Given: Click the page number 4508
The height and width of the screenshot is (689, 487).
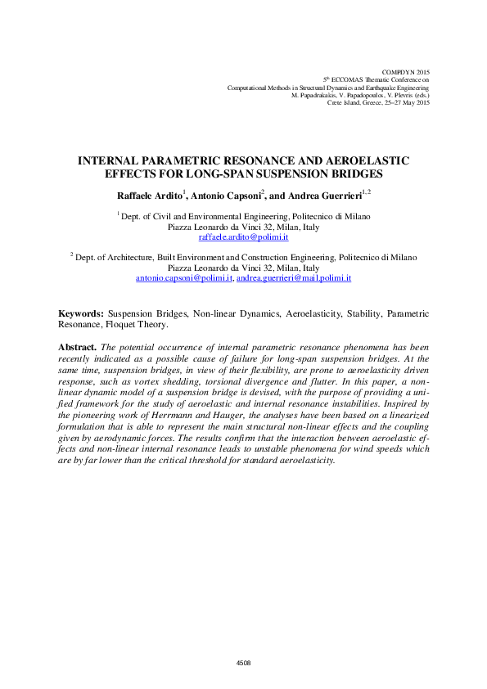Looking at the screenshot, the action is pyautogui.click(x=243, y=662).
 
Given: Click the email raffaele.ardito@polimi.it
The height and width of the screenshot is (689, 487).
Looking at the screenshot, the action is pyautogui.click(x=243, y=236).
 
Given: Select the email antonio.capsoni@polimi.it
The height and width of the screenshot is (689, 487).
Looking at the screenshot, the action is pyautogui.click(x=183, y=278).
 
